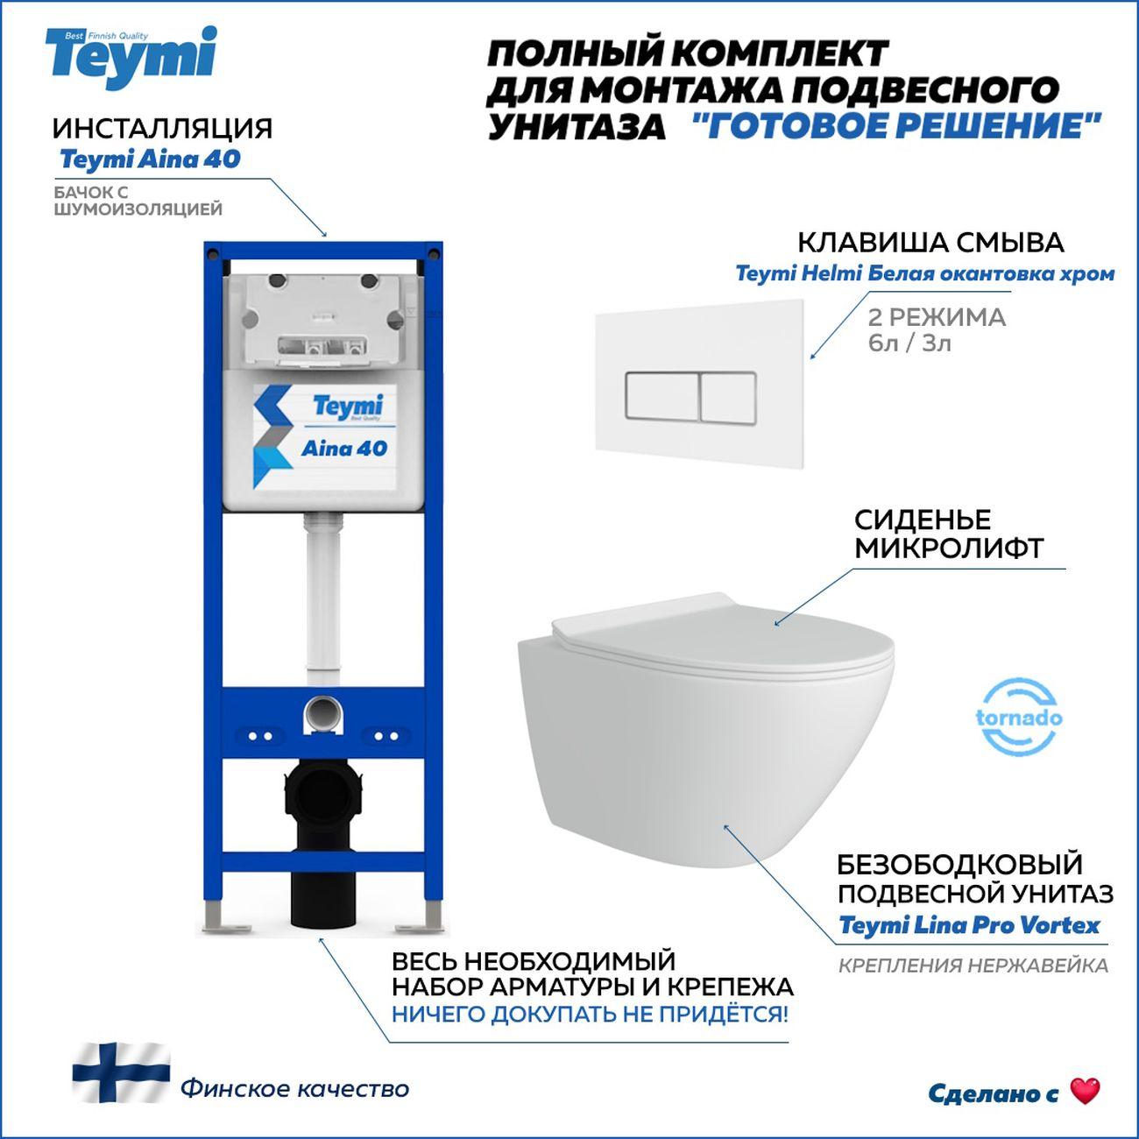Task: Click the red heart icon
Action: click(x=1085, y=1091)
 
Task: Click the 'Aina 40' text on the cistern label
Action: click(x=344, y=449)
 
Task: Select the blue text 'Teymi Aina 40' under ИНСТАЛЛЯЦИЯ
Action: click(x=150, y=159)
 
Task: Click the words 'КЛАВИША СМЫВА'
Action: click(x=931, y=243)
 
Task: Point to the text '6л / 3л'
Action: click(x=909, y=343)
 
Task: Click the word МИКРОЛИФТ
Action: click(x=949, y=548)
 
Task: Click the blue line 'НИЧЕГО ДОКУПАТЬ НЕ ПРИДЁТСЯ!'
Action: click(x=590, y=1015)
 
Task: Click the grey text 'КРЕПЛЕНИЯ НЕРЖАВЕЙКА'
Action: click(x=973, y=966)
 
